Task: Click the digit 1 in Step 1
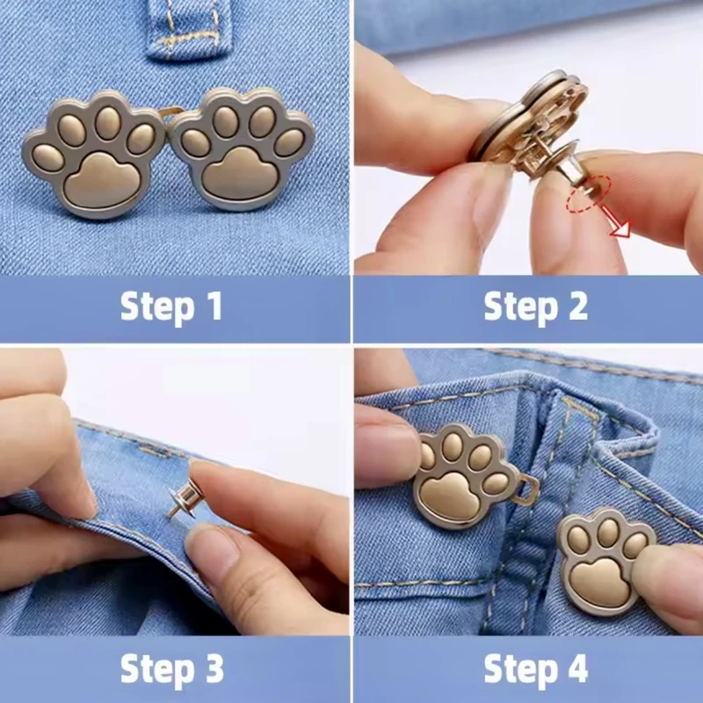pos(215,306)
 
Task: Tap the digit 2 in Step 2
pos(578,306)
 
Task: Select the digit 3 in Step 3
pos(214,668)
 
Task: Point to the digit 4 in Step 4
pos(577,668)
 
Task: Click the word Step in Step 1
pos(157,308)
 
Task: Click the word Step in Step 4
pos(520,670)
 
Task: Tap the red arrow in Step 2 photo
pos(616,221)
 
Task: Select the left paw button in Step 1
pos(94,153)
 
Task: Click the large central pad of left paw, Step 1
pos(102,180)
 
